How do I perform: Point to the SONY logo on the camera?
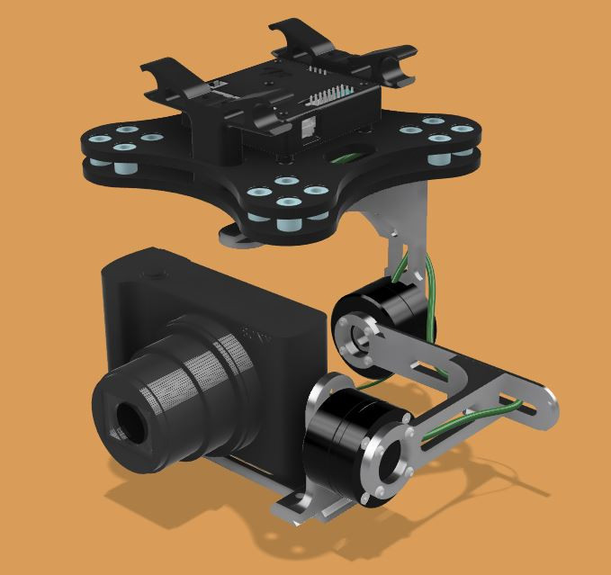[x=256, y=340]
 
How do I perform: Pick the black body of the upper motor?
[x=396, y=307]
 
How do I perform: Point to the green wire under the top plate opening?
[x=346, y=158]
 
